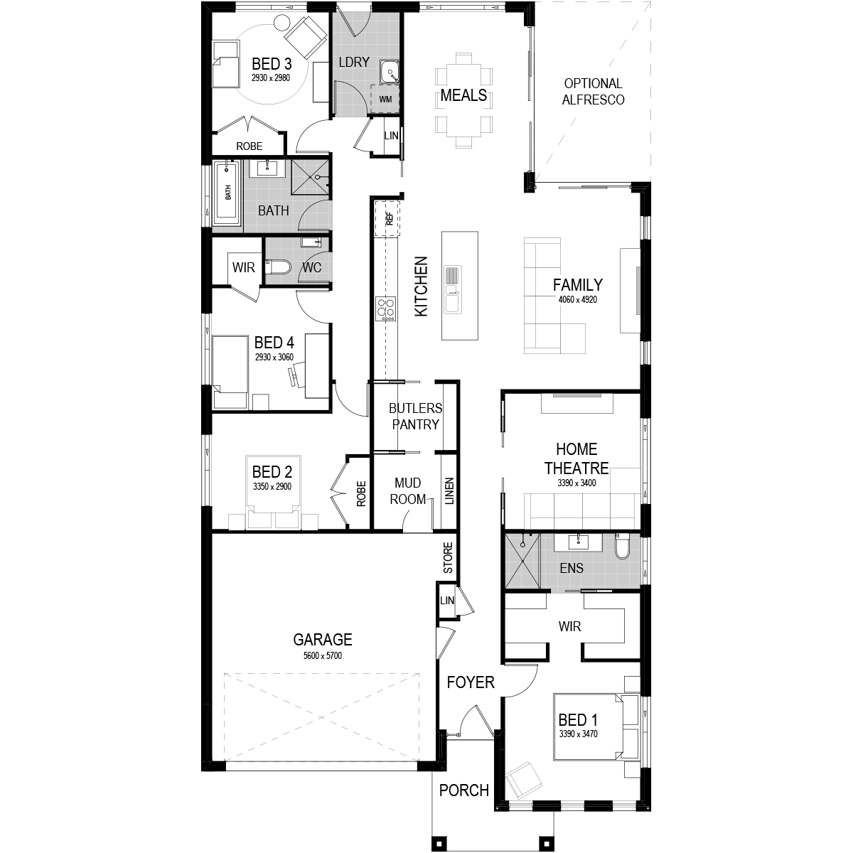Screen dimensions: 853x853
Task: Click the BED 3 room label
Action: point(272,64)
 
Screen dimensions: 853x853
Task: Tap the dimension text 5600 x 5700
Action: point(322,655)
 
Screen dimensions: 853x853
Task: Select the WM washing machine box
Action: point(385,98)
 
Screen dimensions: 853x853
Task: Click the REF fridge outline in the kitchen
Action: point(387,219)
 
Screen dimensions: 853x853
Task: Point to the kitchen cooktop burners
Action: point(385,309)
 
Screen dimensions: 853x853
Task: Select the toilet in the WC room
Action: point(277,267)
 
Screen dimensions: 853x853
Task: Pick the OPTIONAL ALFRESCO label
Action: point(593,92)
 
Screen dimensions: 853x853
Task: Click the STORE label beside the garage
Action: point(448,558)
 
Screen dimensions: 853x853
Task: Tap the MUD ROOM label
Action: point(407,491)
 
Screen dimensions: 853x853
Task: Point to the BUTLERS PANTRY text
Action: point(415,416)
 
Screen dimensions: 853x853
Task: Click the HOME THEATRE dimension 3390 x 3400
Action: point(576,483)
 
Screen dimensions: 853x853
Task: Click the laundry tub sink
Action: point(390,73)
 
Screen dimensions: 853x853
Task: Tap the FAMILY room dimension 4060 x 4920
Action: point(578,300)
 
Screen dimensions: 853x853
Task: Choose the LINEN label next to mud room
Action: point(449,491)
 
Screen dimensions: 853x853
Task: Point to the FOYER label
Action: point(471,682)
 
